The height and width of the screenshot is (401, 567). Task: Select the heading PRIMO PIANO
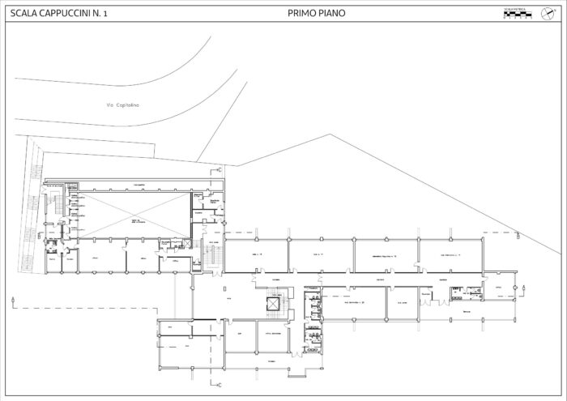(x=317, y=13)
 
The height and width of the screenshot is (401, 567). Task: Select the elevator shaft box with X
(x=273, y=304)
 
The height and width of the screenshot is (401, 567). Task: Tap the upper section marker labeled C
(x=220, y=170)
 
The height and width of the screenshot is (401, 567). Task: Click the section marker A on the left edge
(x=15, y=301)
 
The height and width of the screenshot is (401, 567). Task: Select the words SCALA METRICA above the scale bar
(x=516, y=8)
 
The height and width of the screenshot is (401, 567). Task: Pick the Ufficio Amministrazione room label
(x=270, y=335)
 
